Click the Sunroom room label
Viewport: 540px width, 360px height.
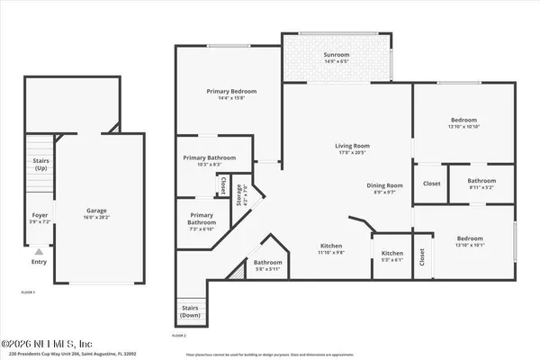tap(337, 54)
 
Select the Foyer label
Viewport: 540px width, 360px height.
tap(40, 216)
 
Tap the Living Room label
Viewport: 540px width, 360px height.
tap(353, 145)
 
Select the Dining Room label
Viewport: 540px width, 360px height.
tap(383, 184)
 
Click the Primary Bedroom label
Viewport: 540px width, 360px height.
tap(231, 92)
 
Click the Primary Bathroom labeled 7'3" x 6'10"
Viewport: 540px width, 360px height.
tap(202, 219)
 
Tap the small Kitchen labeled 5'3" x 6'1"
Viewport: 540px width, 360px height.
tap(391, 256)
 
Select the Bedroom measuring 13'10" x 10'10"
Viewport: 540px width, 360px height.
tap(464, 123)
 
